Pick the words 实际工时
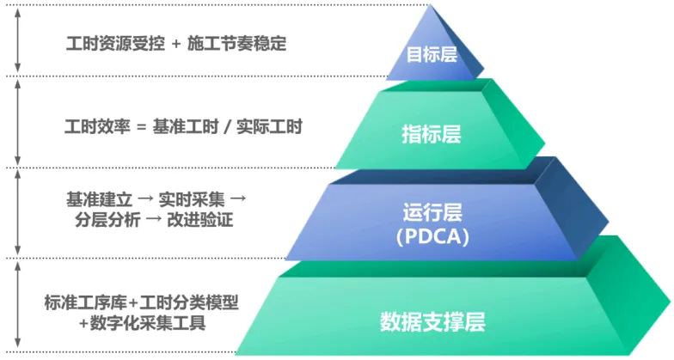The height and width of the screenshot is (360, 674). [271, 126]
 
